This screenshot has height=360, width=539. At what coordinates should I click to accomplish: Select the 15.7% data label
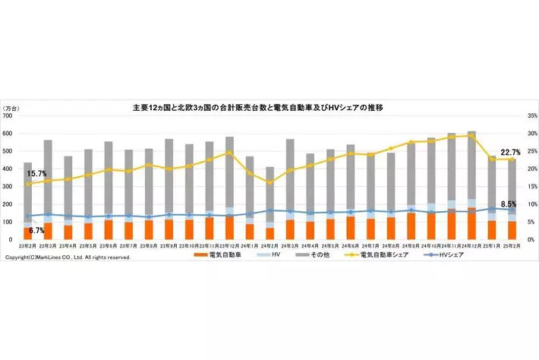36,174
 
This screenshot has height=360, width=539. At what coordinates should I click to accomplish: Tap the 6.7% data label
36,230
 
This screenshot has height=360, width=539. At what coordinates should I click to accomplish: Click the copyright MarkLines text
68,257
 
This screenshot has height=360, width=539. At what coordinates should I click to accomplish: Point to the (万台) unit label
13,108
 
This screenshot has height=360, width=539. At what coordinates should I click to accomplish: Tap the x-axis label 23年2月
28,247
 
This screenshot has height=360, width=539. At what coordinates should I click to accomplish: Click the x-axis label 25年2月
511,247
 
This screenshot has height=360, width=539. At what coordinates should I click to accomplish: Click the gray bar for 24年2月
270,194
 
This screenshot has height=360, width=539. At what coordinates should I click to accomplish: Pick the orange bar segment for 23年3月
48,231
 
